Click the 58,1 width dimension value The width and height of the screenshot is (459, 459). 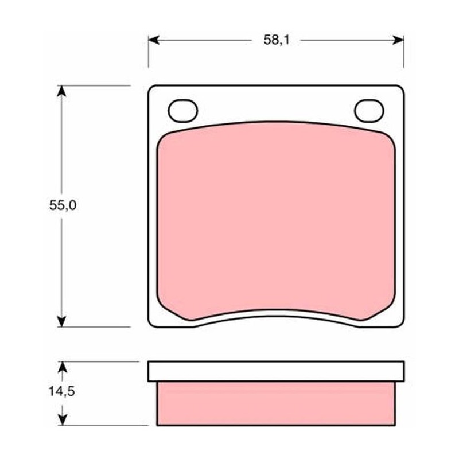point(277,40)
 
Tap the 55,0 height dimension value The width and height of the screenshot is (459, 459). point(63,205)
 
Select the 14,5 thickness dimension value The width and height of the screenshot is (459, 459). point(62,391)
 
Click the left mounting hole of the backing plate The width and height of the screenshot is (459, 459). point(183,111)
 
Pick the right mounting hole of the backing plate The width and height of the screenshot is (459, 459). point(369,111)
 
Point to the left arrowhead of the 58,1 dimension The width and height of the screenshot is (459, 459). point(154,40)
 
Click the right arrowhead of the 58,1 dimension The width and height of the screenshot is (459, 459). point(398,40)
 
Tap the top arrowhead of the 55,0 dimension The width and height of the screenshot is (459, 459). point(61,91)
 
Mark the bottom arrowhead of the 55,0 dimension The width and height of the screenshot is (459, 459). point(61,321)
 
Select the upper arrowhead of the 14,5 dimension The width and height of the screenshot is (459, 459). point(63,367)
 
